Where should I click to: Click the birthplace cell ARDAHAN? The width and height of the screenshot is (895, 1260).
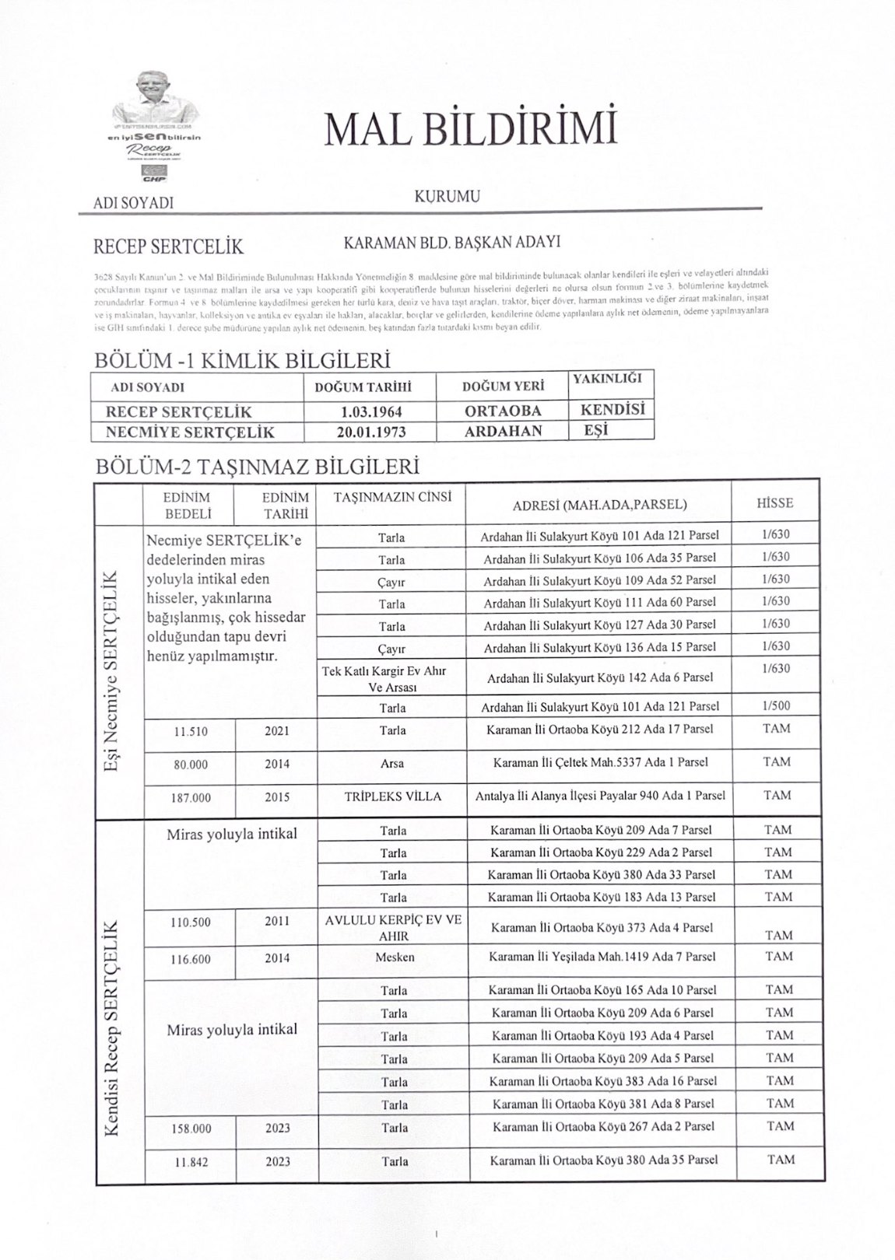(503, 431)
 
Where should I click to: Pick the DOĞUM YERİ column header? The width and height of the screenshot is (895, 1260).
(503, 387)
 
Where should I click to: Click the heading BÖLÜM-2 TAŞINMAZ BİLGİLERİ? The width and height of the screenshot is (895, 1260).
(257, 467)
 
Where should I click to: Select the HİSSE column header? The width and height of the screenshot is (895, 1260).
(775, 502)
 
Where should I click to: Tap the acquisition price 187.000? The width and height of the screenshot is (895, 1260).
(191, 797)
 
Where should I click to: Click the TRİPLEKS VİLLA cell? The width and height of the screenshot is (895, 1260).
(392, 796)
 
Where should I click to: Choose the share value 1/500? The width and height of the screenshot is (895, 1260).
(776, 705)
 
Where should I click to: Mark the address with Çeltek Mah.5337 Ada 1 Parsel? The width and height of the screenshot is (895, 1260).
(600, 762)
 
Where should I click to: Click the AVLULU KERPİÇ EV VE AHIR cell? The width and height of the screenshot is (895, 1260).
(393, 928)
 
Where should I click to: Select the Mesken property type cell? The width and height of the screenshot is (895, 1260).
(394, 957)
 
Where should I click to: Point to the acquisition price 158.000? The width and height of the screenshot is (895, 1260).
(191, 1128)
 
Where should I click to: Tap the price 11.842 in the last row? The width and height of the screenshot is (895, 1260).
(191, 1161)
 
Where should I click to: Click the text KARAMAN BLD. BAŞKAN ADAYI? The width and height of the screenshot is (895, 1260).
(452, 242)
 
